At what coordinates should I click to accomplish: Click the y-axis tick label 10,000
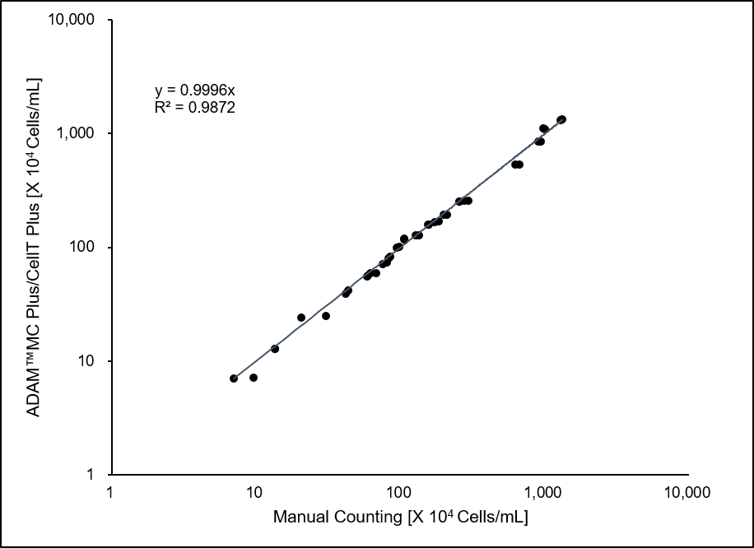click(79, 20)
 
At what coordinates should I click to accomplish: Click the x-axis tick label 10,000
click(687, 492)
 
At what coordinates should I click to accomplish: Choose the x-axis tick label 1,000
click(542, 492)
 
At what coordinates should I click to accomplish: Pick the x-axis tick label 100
click(398, 492)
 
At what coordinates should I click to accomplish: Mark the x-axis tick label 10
click(254, 492)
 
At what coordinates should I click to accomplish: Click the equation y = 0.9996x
click(195, 90)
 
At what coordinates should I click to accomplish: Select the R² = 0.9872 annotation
click(195, 105)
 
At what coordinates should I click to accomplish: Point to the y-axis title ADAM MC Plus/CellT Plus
click(35, 247)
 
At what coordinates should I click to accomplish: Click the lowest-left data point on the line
click(234, 378)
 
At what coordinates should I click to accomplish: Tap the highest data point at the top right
click(561, 119)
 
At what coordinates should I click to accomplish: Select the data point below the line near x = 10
click(254, 378)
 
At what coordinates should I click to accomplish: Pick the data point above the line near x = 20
click(301, 318)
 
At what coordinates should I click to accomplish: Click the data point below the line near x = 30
click(326, 316)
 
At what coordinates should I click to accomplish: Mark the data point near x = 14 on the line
click(275, 349)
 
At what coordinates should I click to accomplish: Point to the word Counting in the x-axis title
click(364, 518)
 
